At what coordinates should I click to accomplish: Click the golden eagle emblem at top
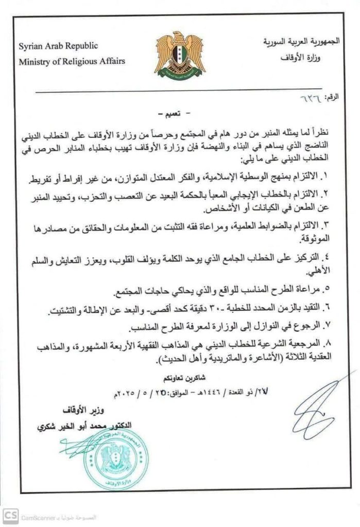pyautogui.click(x=180, y=54)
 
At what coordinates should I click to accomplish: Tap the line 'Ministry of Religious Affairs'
pyautogui.click(x=72, y=62)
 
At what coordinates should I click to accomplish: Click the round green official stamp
pyautogui.click(x=116, y=459)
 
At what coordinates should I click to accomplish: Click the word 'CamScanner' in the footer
pyautogui.click(x=38, y=516)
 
